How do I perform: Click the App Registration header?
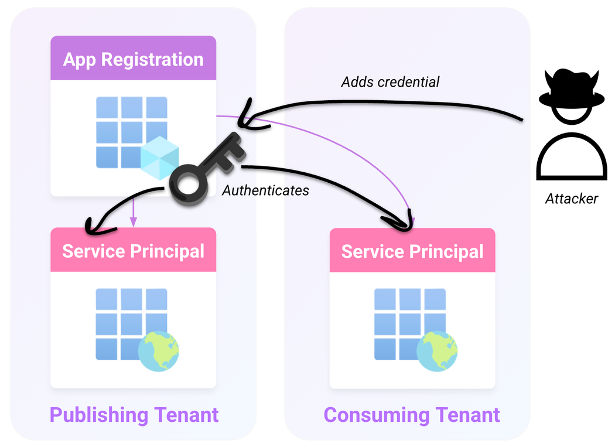pyautogui.click(x=133, y=59)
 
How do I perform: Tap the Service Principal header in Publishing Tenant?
pyautogui.click(x=133, y=251)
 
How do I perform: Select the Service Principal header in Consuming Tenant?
pyautogui.click(x=412, y=251)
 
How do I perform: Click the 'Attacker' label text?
pyautogui.click(x=571, y=199)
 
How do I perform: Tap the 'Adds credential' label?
pyautogui.click(x=390, y=81)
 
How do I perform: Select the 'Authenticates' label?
pyautogui.click(x=265, y=190)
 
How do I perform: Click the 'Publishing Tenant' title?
pyautogui.click(x=134, y=415)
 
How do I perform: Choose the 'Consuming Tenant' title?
pyautogui.click(x=412, y=415)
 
